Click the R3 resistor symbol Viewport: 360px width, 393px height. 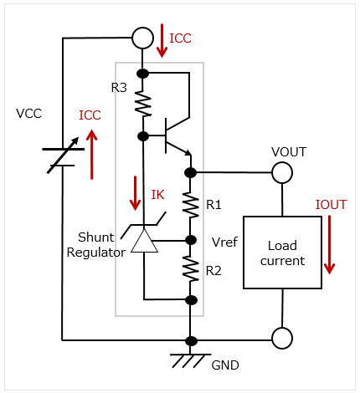(x=143, y=104)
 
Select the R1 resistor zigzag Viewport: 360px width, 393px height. (x=191, y=205)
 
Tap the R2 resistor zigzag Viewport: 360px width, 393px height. (x=191, y=269)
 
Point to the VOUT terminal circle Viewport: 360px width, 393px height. (x=282, y=172)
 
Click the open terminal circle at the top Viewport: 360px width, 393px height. (x=142, y=38)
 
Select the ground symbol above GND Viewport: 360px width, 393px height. (x=190, y=360)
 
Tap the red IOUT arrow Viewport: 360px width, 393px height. (x=330, y=244)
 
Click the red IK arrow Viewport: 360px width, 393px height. (x=136, y=193)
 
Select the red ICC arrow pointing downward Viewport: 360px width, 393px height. (x=162, y=41)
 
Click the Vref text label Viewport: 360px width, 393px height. (x=224, y=242)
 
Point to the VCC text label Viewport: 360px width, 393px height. (x=29, y=114)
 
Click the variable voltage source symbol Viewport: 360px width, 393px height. (x=63, y=155)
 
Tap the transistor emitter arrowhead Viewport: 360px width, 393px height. (x=188, y=152)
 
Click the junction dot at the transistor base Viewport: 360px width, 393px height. (x=143, y=136)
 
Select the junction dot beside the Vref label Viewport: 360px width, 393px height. (x=191, y=240)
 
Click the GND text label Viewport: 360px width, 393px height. (x=225, y=365)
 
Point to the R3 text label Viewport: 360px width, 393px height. (x=119, y=88)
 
